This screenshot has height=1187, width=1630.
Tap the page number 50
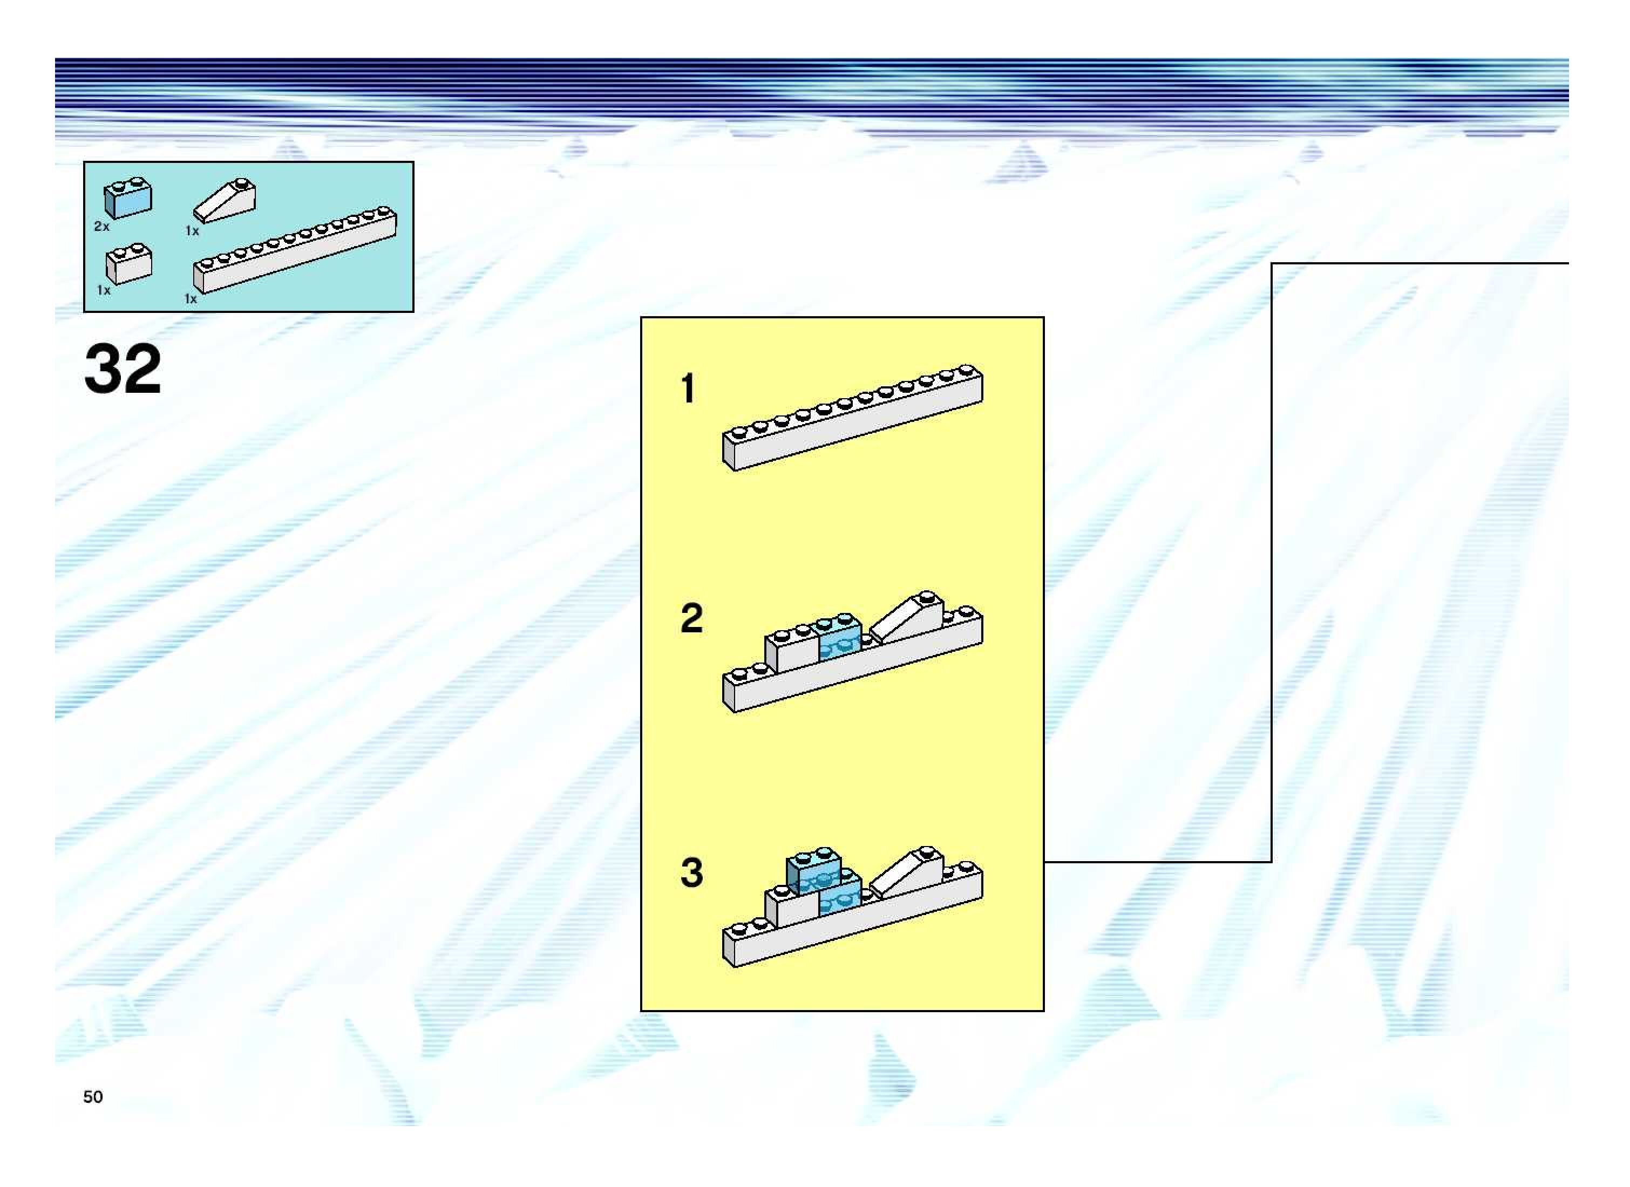point(93,1096)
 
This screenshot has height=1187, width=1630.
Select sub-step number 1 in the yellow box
point(688,388)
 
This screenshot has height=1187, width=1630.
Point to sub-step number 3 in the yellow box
point(691,873)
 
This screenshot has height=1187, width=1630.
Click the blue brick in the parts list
point(128,199)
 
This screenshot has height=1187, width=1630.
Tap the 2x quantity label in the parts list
point(101,226)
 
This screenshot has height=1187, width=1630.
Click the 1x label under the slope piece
point(192,230)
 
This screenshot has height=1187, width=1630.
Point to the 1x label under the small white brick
point(104,290)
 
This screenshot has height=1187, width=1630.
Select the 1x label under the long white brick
point(191,298)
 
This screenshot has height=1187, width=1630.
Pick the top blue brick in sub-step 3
point(813,870)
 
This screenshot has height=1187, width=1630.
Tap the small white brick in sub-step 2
point(792,650)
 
